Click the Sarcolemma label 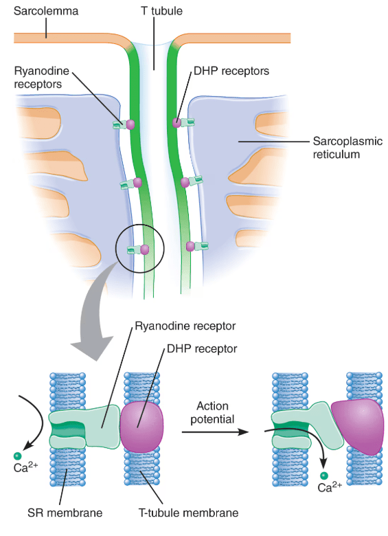click(46, 11)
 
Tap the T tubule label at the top click(161, 11)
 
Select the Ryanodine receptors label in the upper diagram click(41, 78)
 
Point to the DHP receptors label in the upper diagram click(231, 71)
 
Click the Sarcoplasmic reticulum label click(347, 148)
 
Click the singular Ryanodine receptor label click(185, 326)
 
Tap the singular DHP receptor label click(202, 349)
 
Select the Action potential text click(212, 412)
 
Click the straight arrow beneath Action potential click(215, 432)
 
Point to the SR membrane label click(65, 513)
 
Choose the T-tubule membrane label click(188, 513)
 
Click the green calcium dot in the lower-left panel click(17, 456)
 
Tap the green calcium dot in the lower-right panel click(323, 476)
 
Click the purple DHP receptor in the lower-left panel click(141, 427)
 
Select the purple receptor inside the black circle click(145, 249)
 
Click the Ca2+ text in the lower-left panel click(25, 467)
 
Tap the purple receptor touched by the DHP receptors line click(176, 123)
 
